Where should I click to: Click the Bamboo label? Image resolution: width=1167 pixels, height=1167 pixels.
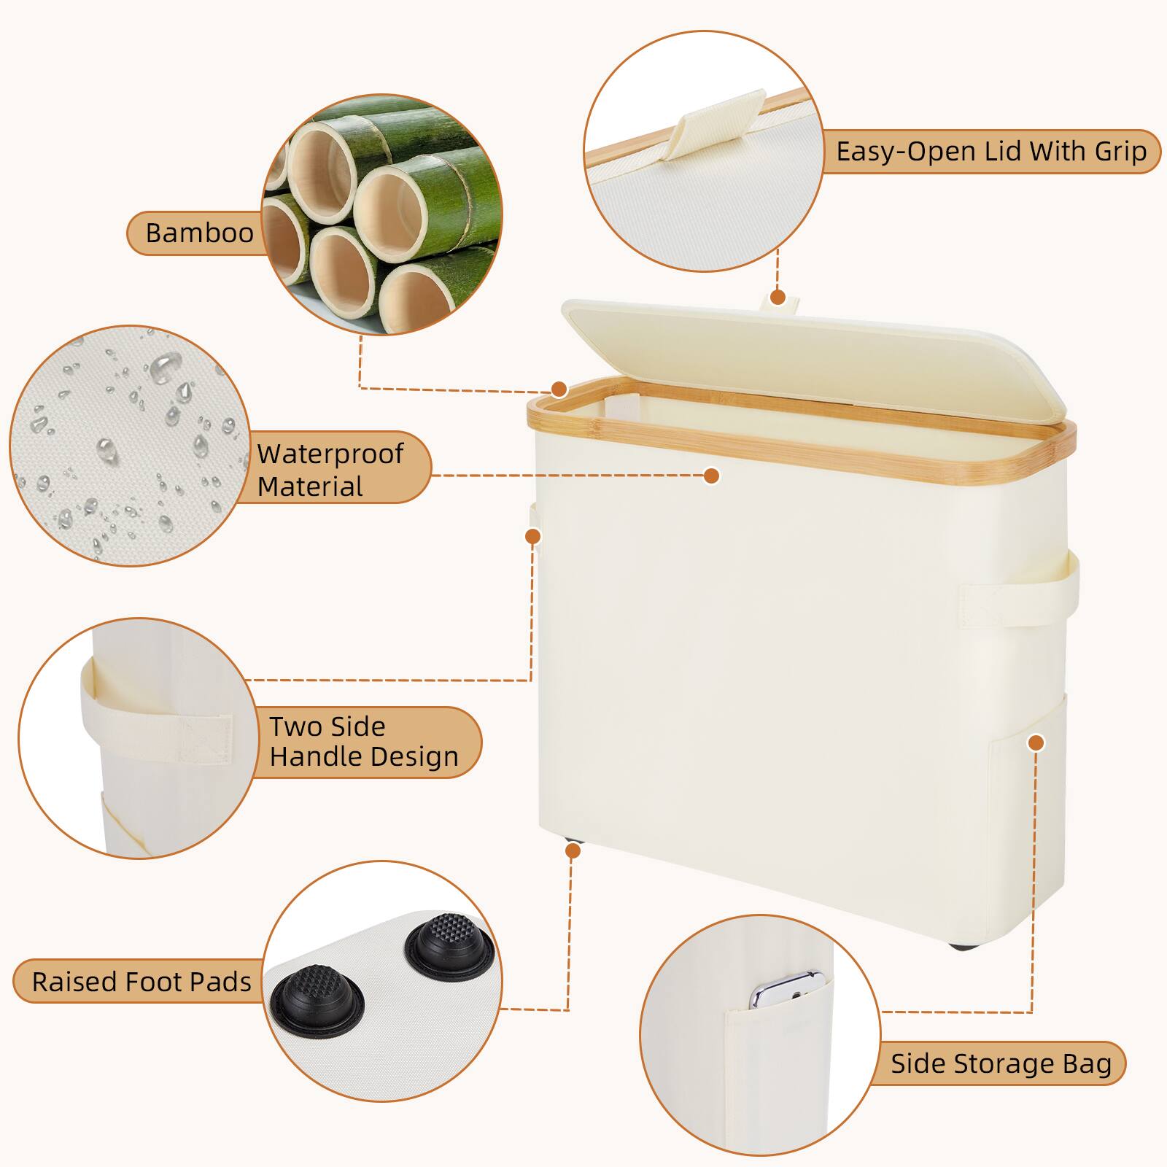click(x=199, y=233)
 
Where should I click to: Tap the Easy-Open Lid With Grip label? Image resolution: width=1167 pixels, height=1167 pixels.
click(x=990, y=152)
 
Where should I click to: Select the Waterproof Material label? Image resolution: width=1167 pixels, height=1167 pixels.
click(x=330, y=470)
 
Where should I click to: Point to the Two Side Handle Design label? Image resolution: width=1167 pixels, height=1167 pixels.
click(x=363, y=742)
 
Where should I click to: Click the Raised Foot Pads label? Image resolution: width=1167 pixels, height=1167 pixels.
click(x=141, y=982)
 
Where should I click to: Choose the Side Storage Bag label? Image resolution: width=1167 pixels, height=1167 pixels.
click(x=1000, y=1063)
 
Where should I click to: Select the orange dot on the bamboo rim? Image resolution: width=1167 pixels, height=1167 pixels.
click(x=559, y=389)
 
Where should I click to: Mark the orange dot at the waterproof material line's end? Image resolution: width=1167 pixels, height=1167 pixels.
click(x=712, y=476)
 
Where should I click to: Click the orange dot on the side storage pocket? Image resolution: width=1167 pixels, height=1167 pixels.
click(x=1036, y=743)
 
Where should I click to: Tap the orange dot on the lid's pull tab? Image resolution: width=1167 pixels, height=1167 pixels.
click(x=778, y=297)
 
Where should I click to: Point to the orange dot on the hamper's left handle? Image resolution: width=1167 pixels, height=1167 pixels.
click(x=533, y=536)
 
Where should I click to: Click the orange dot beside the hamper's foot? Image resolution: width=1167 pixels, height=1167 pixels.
click(x=573, y=850)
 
